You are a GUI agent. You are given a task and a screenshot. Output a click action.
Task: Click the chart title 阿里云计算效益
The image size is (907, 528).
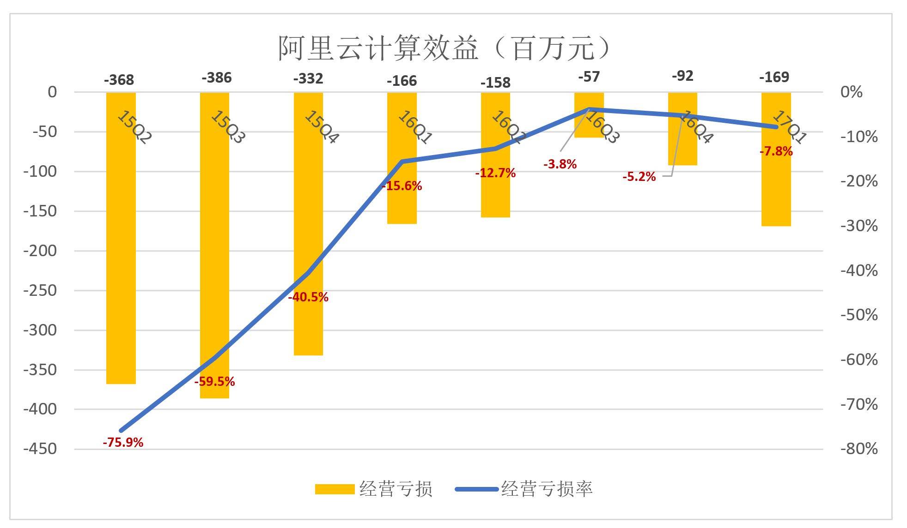coord(443,48)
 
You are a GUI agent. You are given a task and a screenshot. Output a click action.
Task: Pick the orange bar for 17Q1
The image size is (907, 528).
coord(776,185)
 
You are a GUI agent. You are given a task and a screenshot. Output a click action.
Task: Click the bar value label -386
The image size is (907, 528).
coord(216,78)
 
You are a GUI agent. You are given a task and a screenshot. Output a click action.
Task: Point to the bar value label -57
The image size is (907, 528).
coord(589,77)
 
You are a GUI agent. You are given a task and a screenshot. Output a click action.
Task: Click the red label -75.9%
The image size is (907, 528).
coord(123,443)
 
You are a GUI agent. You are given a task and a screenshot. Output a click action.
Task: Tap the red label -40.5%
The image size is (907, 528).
coord(308,297)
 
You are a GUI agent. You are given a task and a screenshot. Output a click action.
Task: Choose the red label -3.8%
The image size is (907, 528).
coord(560,164)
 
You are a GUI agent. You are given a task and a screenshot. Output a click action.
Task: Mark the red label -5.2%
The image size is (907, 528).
coord(639,177)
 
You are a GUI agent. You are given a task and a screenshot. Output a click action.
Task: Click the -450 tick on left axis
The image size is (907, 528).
coord(40,449)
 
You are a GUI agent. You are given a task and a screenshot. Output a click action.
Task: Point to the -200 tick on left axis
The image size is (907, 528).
coord(40,251)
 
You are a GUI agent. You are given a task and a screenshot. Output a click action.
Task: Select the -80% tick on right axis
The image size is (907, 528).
coord(859,449)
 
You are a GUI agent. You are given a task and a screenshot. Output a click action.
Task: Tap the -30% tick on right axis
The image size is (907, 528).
coord(859,226)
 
